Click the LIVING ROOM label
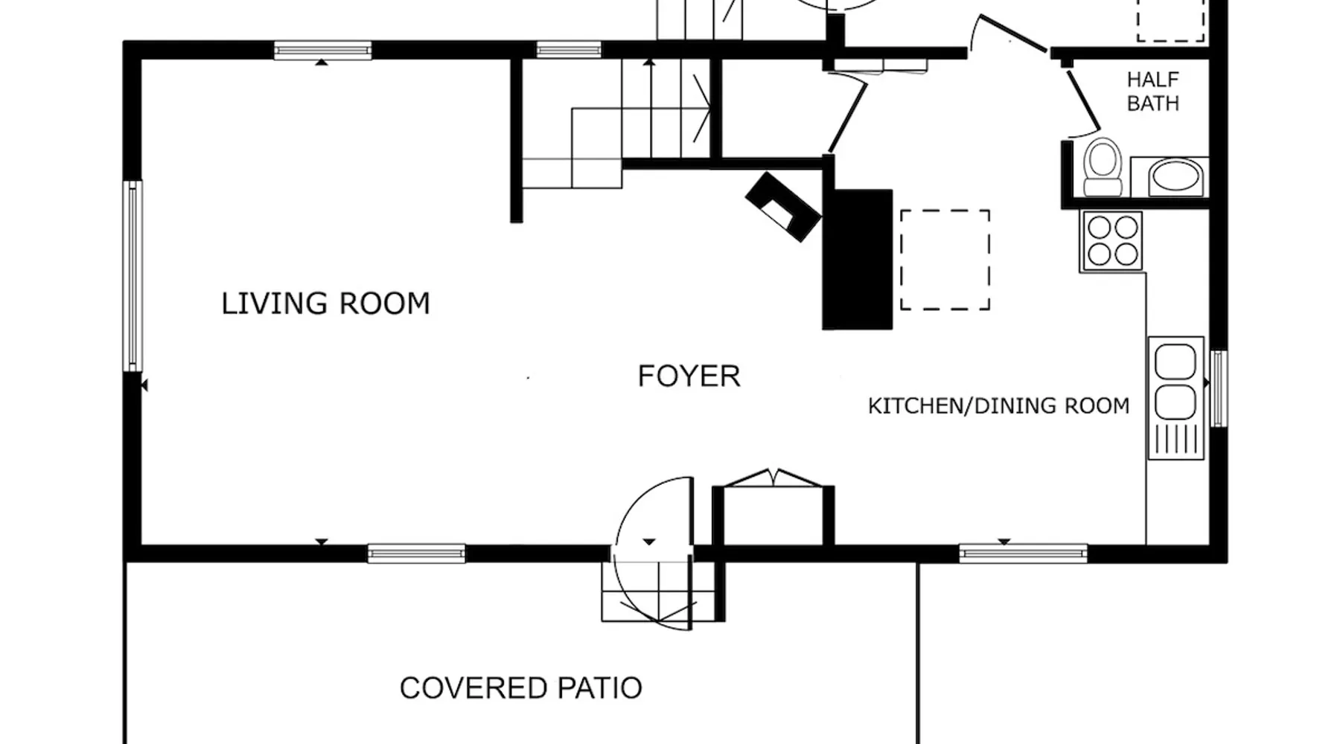(x=326, y=304)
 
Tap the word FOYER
(x=689, y=376)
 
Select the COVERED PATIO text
(x=521, y=688)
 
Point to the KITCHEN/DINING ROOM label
(x=999, y=405)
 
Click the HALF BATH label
(x=1153, y=92)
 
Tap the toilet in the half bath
(x=1103, y=167)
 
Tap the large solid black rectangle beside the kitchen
(x=857, y=259)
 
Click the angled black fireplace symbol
(x=783, y=207)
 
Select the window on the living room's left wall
(x=133, y=276)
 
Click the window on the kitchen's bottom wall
(x=1023, y=554)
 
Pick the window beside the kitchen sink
(x=1219, y=388)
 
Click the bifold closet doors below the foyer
(x=774, y=478)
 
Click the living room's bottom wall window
(x=416, y=554)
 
